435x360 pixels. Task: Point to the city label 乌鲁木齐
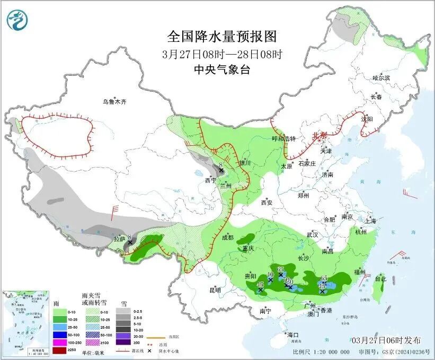pyautogui.click(x=115, y=101)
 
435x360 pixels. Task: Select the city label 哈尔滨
pyautogui.click(x=380, y=78)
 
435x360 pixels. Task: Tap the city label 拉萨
pyautogui.click(x=120, y=239)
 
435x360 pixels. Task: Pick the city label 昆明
pyautogui.click(x=215, y=289)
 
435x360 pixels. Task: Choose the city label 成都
pyautogui.click(x=227, y=238)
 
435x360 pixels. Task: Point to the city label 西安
pyautogui.click(x=267, y=202)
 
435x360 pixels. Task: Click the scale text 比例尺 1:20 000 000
pyautogui.click(x=321, y=352)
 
